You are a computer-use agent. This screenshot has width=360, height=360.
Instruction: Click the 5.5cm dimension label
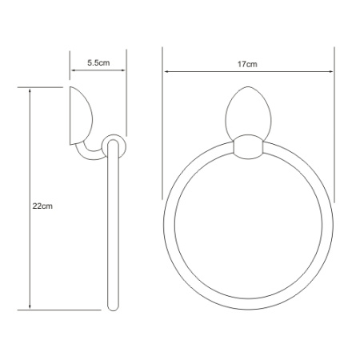(x=98, y=63)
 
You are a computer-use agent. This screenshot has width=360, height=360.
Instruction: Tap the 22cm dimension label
(x=42, y=206)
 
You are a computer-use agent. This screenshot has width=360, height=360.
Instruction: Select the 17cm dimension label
(x=247, y=64)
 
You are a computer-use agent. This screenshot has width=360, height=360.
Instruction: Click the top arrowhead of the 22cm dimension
(x=30, y=90)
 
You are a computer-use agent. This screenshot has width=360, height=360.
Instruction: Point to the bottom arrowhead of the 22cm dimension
(x=30, y=306)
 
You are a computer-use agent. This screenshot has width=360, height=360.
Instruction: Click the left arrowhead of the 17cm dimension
(x=166, y=71)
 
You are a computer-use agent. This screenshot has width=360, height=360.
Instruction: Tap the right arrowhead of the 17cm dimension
(x=330, y=71)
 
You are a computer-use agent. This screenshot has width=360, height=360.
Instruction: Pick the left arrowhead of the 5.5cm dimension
(x=74, y=70)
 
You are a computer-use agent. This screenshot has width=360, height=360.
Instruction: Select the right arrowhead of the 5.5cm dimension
(x=122, y=70)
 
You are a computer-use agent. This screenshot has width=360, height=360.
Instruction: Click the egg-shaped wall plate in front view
(x=248, y=112)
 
